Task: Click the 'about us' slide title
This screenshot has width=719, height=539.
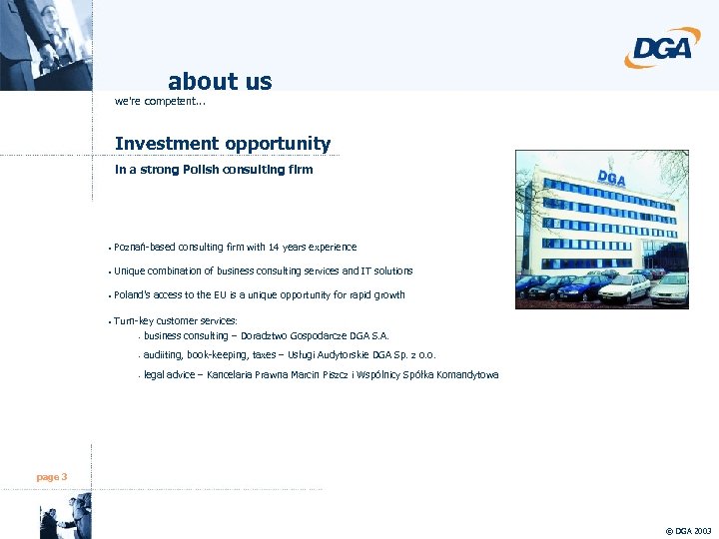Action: (x=220, y=81)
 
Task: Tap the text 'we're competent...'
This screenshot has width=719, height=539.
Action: (x=160, y=101)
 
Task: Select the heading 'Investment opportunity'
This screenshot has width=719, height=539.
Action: (x=223, y=144)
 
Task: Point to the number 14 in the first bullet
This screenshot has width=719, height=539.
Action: (x=274, y=247)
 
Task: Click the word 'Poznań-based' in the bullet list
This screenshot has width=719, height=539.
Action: (x=144, y=247)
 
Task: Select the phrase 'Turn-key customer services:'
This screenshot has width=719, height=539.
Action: (x=176, y=320)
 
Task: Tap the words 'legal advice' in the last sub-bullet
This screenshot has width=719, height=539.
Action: (x=169, y=374)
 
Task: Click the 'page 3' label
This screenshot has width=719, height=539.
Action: (x=52, y=477)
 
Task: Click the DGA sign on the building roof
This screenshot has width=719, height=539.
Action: (x=611, y=179)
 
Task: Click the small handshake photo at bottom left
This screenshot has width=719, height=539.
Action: (x=65, y=520)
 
